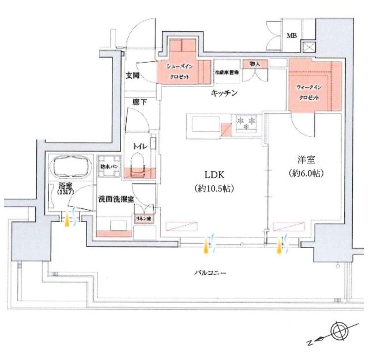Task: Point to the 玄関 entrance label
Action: (x=133, y=76)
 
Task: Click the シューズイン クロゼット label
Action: (x=179, y=72)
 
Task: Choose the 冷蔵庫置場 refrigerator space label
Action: (x=225, y=73)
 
